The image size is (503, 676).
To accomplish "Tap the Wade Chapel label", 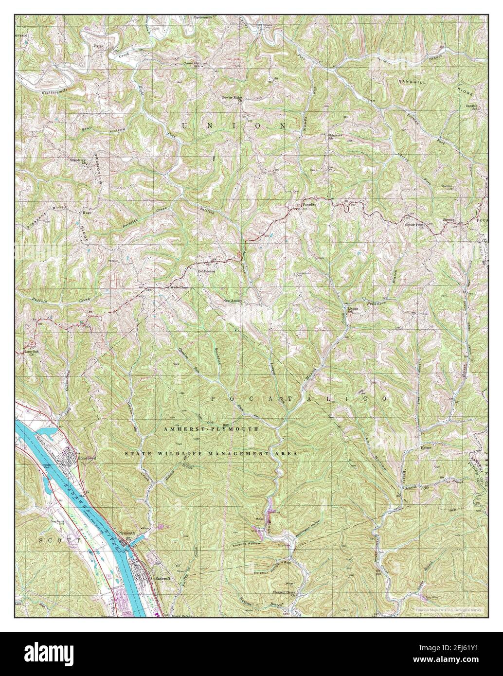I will (x=178, y=287).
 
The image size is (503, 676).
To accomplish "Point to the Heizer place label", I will (x=426, y=446).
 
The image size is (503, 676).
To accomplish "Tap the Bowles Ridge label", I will (x=232, y=97).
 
